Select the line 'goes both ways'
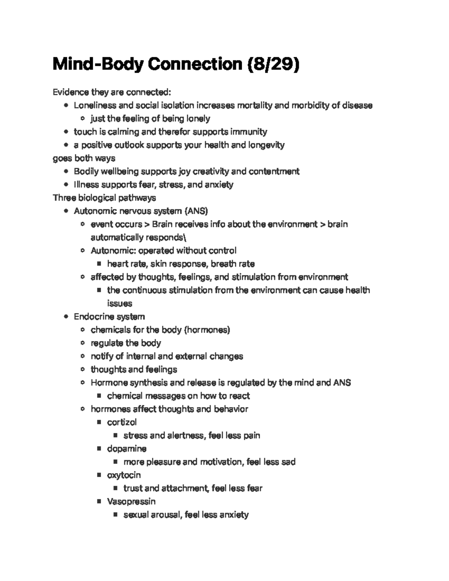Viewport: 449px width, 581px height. click(84, 158)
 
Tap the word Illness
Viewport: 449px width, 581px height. click(86, 184)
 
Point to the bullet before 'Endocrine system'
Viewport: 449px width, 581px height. click(66, 317)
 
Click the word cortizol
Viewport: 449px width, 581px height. click(122, 422)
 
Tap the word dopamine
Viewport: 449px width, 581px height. click(126, 449)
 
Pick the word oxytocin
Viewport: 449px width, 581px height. click(124, 475)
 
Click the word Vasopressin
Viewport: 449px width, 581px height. click(131, 501)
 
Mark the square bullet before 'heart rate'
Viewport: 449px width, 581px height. click(99, 264)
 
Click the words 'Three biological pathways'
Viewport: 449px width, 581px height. click(104, 198)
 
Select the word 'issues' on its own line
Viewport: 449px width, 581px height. click(120, 303)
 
